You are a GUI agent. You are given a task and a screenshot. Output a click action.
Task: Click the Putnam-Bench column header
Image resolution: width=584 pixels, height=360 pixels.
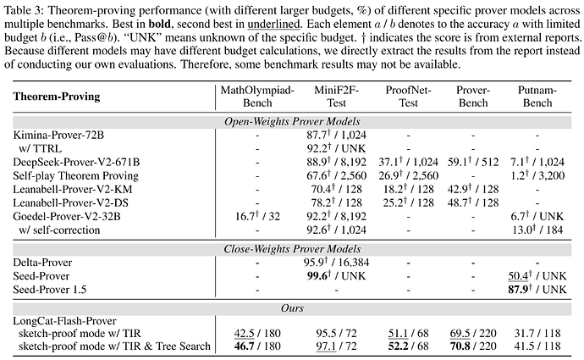[537, 97]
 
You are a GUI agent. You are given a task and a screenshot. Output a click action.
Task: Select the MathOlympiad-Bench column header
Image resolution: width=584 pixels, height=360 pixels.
[257, 97]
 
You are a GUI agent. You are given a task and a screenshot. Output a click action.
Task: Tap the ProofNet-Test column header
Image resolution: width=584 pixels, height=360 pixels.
[408, 97]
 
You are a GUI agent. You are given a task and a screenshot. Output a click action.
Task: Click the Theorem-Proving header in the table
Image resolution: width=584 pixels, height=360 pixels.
[57, 97]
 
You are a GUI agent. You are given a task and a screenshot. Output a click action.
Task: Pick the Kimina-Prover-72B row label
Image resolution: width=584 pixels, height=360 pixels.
[58, 135]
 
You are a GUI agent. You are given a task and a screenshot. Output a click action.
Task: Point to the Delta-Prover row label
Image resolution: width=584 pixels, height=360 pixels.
[42, 263]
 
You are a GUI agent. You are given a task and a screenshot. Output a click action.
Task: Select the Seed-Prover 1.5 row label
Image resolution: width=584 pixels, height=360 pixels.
[50, 290]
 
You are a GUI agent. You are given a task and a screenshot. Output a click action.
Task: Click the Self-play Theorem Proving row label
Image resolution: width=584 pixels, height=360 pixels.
[75, 175]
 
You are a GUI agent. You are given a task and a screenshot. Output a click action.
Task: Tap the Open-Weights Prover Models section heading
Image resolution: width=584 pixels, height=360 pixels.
[292, 121]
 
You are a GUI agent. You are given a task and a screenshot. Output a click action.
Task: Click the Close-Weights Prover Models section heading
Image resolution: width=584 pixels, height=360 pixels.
[292, 249]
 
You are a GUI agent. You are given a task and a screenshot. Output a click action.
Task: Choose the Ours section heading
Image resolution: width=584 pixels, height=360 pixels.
[292, 308]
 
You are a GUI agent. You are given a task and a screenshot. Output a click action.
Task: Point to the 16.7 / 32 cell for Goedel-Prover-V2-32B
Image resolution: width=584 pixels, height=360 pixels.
[257, 216]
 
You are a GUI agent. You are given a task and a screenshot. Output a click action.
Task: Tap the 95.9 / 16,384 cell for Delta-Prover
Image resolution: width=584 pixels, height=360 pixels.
[336, 263]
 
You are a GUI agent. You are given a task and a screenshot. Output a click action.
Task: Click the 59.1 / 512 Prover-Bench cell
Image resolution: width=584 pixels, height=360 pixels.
[473, 162]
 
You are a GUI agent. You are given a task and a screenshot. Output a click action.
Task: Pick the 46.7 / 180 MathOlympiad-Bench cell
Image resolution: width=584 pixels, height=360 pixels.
[257, 346]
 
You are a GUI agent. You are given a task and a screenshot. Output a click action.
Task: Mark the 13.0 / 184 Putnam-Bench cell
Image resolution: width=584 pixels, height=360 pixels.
[537, 230]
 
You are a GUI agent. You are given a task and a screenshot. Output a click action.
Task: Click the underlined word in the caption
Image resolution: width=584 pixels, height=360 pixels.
[273, 25]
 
